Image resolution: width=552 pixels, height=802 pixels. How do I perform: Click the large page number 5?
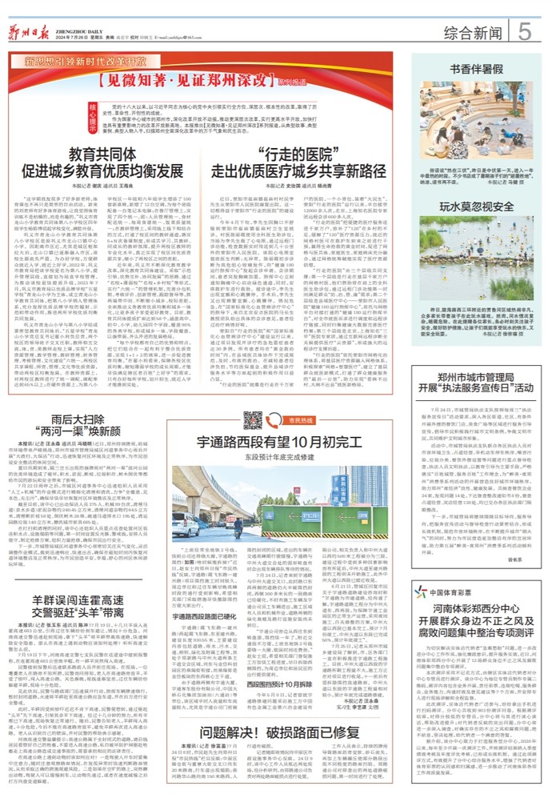[525, 31]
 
